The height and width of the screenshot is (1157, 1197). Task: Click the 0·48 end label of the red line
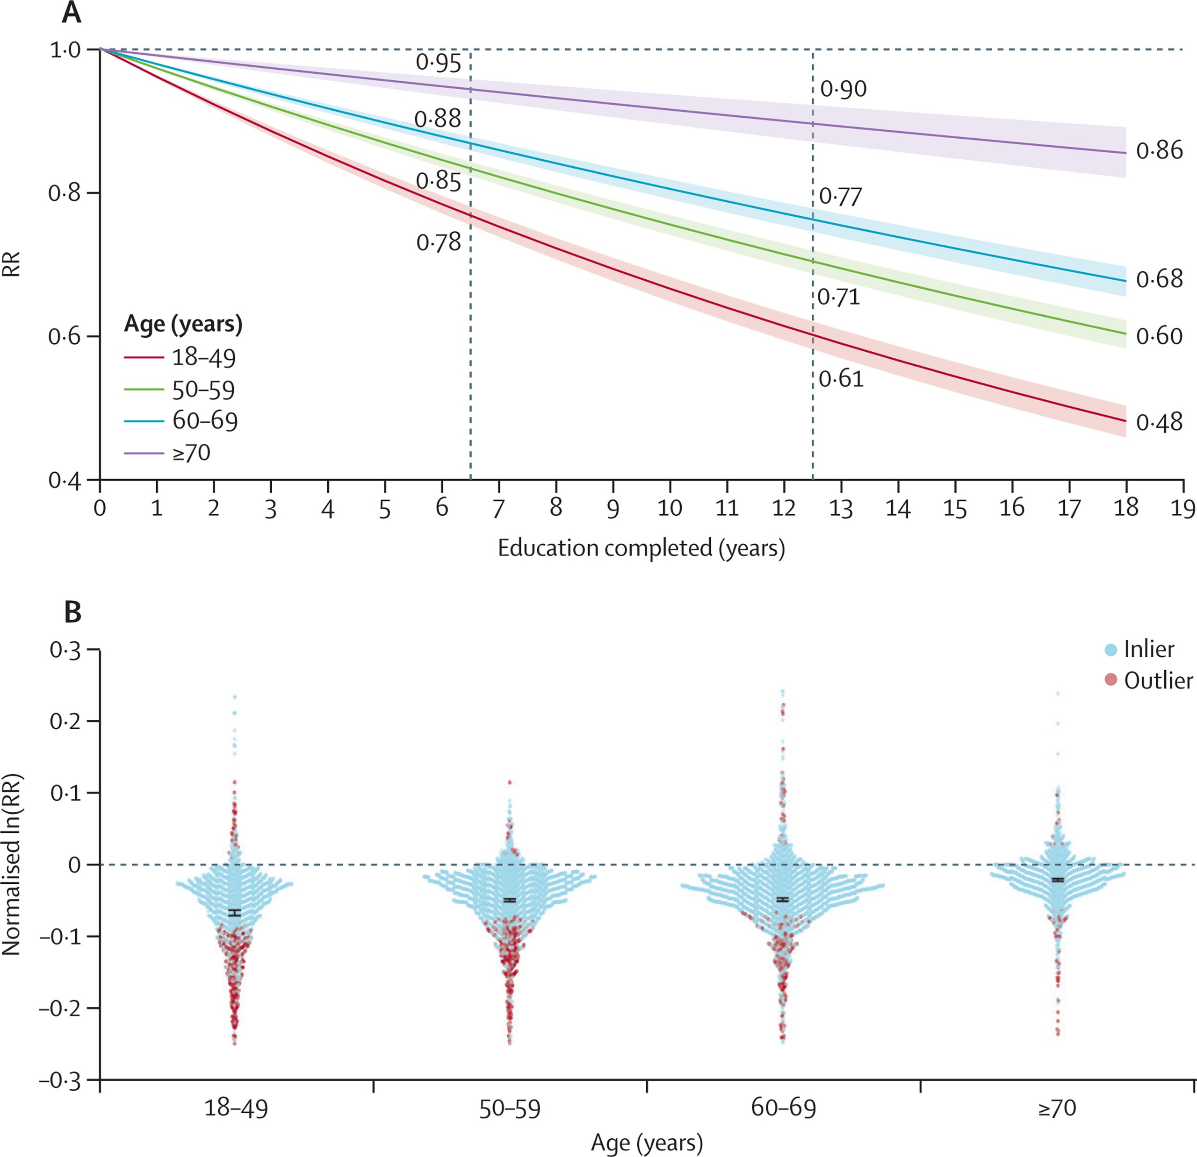click(x=1159, y=422)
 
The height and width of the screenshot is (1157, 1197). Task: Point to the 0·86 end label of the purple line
click(x=1159, y=150)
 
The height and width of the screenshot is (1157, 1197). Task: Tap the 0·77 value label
click(x=840, y=197)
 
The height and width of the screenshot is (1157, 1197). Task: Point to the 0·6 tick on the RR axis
click(x=65, y=336)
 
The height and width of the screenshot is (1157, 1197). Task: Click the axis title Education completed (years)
click(x=641, y=548)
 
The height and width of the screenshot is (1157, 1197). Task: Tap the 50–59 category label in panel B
click(x=509, y=1107)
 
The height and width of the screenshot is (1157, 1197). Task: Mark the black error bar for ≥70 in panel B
click(x=1058, y=880)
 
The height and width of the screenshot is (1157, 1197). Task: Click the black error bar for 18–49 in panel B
click(x=235, y=913)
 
